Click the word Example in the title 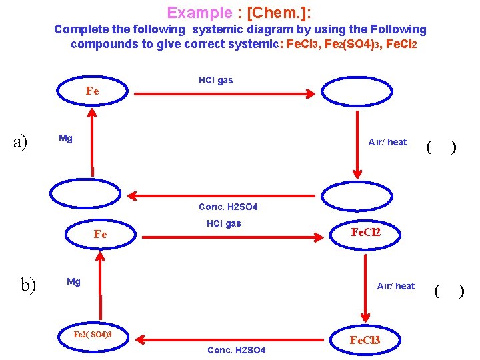tap(198, 13)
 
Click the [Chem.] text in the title tap(279, 13)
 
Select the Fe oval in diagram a tap(93, 91)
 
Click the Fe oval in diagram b tap(100, 234)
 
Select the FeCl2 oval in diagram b tap(365, 232)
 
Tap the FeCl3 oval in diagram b tap(365, 340)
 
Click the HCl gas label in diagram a tap(216, 80)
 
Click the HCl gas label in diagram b tap(224, 223)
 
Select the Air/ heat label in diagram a tap(387, 142)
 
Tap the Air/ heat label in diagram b tap(395, 286)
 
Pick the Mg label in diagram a tap(65, 139)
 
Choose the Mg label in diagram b tap(73, 282)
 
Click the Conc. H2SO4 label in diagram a tap(228, 207)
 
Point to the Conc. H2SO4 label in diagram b tap(237, 350)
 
